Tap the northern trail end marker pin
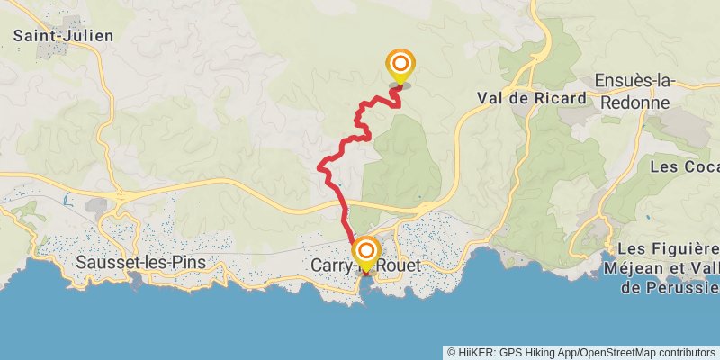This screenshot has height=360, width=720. coord(400,65)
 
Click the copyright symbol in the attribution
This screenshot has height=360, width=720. coord(451,352)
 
